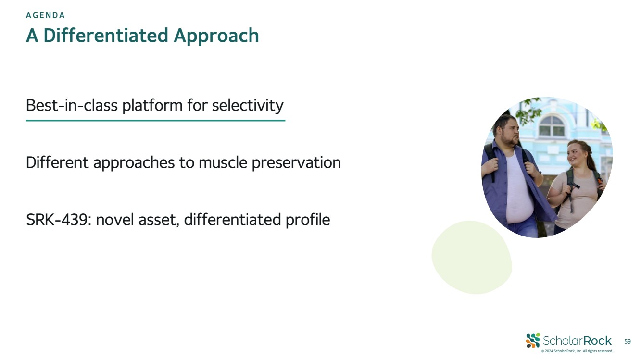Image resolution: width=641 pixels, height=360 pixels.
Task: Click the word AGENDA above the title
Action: tap(45, 15)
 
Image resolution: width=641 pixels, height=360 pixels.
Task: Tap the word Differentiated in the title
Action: tap(106, 36)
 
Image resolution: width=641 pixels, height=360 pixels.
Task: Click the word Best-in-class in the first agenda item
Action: tap(72, 105)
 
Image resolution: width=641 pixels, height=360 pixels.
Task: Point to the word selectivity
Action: tap(248, 106)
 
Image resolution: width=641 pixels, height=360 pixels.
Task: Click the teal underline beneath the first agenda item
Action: tap(156, 120)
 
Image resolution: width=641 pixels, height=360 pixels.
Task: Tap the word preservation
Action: tap(296, 163)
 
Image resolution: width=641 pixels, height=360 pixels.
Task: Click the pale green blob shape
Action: tap(472, 257)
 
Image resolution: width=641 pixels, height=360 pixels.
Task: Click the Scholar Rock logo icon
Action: tap(533, 340)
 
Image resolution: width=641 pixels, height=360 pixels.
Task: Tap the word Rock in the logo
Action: tap(597, 341)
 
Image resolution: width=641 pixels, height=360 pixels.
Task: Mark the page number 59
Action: tap(627, 341)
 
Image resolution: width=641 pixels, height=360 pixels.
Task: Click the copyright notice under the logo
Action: tap(577, 351)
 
